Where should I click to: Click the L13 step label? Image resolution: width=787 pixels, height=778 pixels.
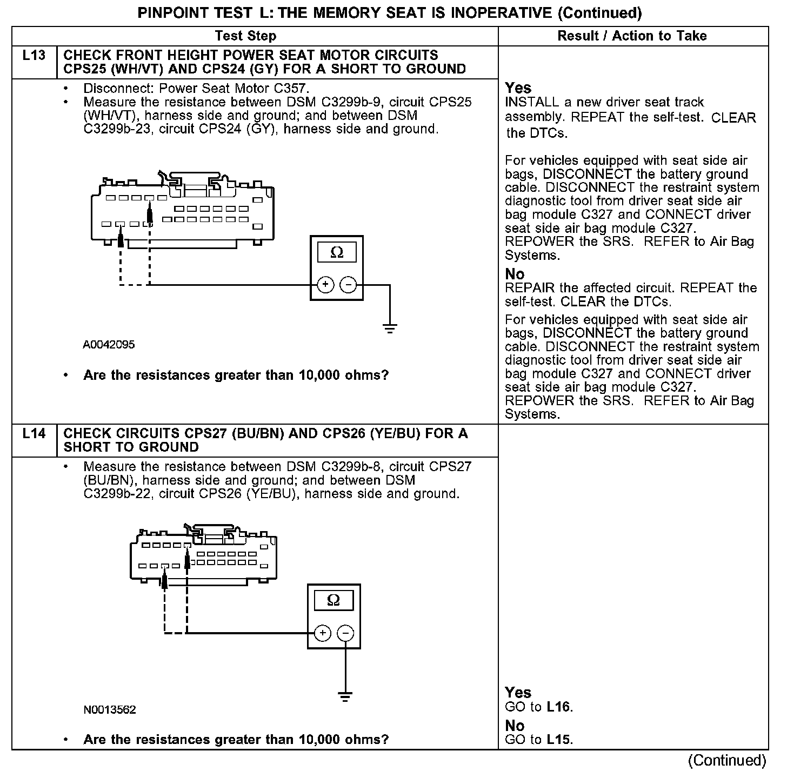pos(34,55)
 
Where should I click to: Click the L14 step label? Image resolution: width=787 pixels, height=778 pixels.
pos(34,433)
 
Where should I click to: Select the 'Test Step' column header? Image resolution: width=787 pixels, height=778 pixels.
pos(245,36)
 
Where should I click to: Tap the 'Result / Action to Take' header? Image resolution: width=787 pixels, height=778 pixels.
pos(632,36)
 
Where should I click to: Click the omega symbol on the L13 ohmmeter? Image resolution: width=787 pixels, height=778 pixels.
pos(337,253)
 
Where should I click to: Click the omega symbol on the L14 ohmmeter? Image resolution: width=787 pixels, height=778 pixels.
pos(334,600)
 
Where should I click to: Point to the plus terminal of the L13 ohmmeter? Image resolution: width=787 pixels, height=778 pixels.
pos(325,284)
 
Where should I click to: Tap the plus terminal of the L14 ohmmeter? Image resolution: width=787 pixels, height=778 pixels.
pos(322,633)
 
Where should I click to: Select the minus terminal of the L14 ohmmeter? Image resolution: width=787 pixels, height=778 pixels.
pos(346,633)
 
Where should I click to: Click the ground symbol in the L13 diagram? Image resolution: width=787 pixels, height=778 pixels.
pos(389,328)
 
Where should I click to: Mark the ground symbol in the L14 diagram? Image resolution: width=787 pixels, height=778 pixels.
pos(344,696)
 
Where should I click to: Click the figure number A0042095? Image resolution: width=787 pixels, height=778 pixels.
pos(109,345)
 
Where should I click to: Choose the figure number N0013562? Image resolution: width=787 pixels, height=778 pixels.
pos(110,709)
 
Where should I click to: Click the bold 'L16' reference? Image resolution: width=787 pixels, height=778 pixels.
pos(558,707)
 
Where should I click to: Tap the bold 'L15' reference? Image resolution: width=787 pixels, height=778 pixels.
pos(558,740)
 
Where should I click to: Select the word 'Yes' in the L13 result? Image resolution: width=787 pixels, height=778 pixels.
pos(518,88)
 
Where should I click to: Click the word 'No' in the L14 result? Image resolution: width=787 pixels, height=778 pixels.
pos(515,726)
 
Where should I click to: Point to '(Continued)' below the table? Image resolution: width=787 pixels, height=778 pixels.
pos(727,761)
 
